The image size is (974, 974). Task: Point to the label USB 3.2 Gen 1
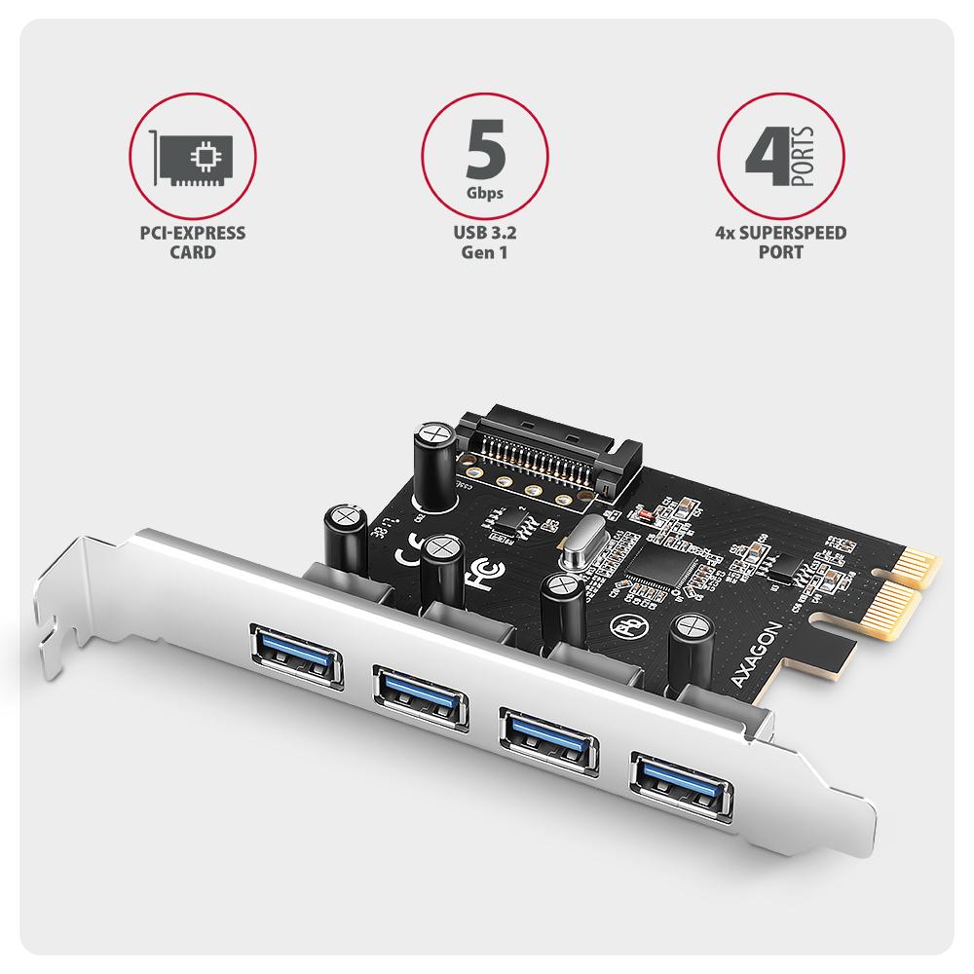(x=484, y=243)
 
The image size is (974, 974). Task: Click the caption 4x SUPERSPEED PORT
(x=781, y=243)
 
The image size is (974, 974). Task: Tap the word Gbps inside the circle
(x=484, y=192)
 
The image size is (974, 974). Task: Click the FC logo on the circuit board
(x=480, y=576)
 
